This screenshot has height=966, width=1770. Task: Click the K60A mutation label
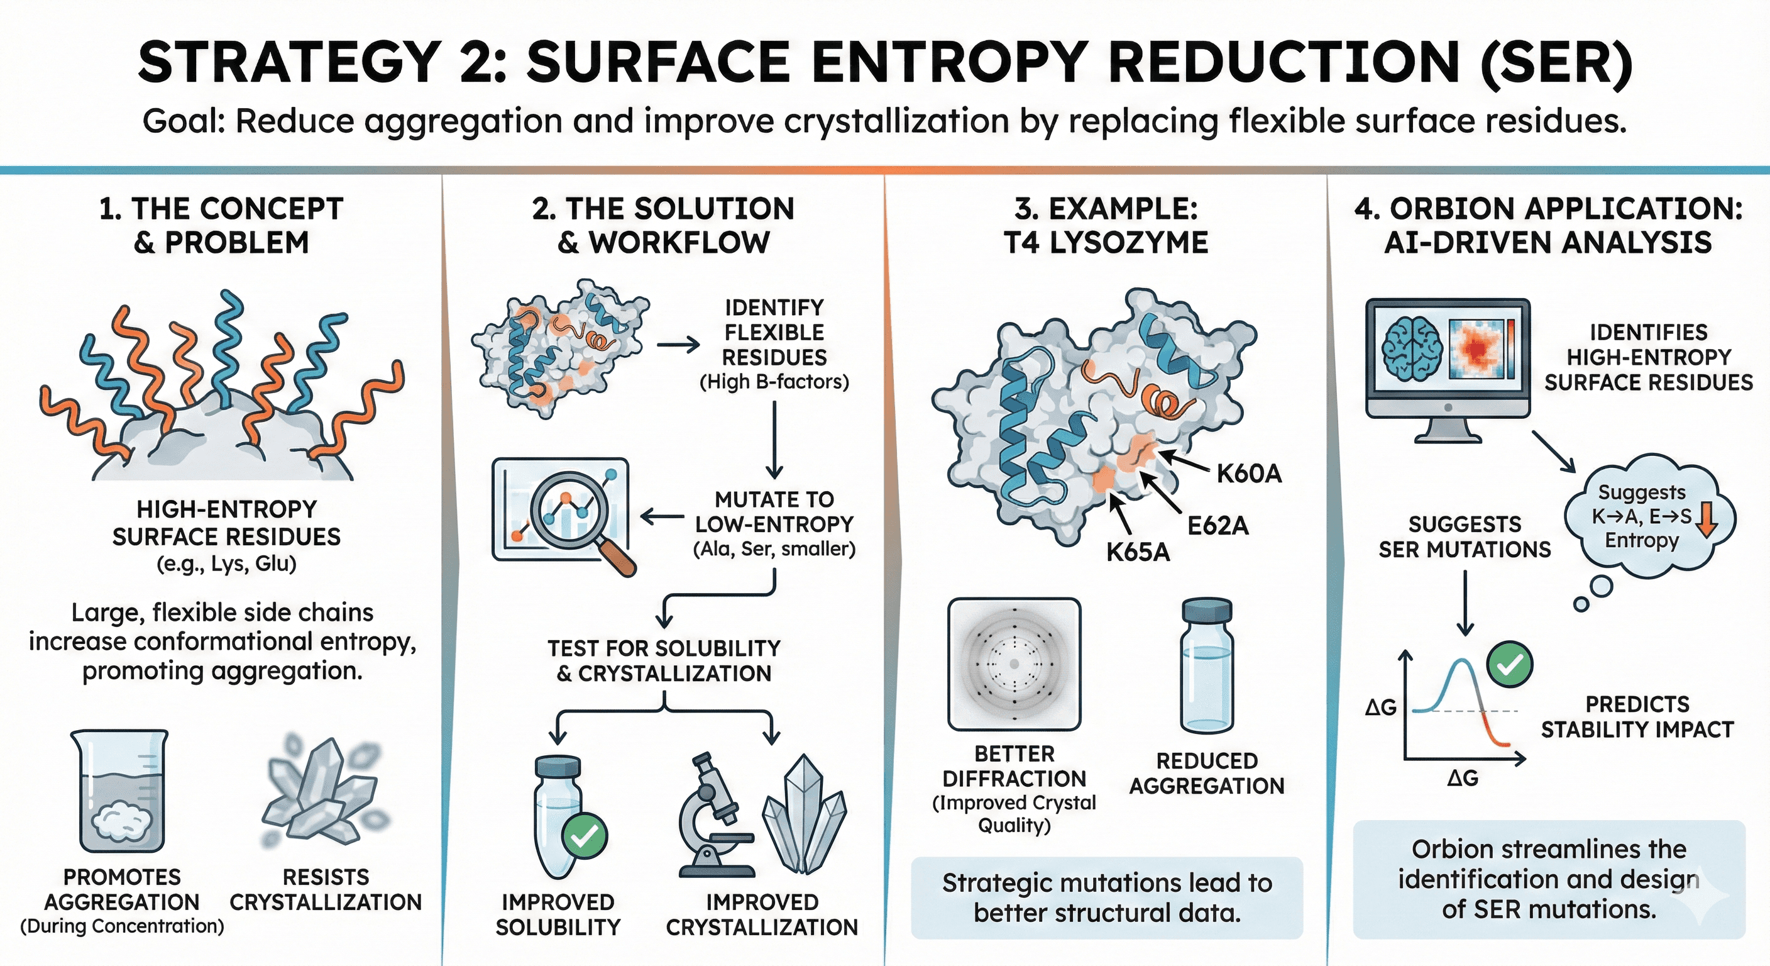coord(1248,474)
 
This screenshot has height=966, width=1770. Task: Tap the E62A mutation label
coord(1218,526)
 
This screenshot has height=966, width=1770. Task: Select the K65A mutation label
coord(1137,552)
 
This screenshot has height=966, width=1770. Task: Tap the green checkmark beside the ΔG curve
coord(1510,663)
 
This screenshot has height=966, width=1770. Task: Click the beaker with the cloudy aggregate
coord(119,791)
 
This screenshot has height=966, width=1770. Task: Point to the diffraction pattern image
coord(1014,664)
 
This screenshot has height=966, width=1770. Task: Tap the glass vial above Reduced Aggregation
coord(1207,666)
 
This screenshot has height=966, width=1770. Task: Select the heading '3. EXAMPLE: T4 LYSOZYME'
coord(1106,226)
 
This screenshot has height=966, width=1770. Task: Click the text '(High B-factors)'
coord(774,382)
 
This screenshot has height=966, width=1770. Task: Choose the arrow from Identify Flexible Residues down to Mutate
coord(774,440)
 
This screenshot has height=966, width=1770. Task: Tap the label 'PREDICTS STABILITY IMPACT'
coord(1637,716)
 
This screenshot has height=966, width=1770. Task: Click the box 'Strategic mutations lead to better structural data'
coord(1107,897)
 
